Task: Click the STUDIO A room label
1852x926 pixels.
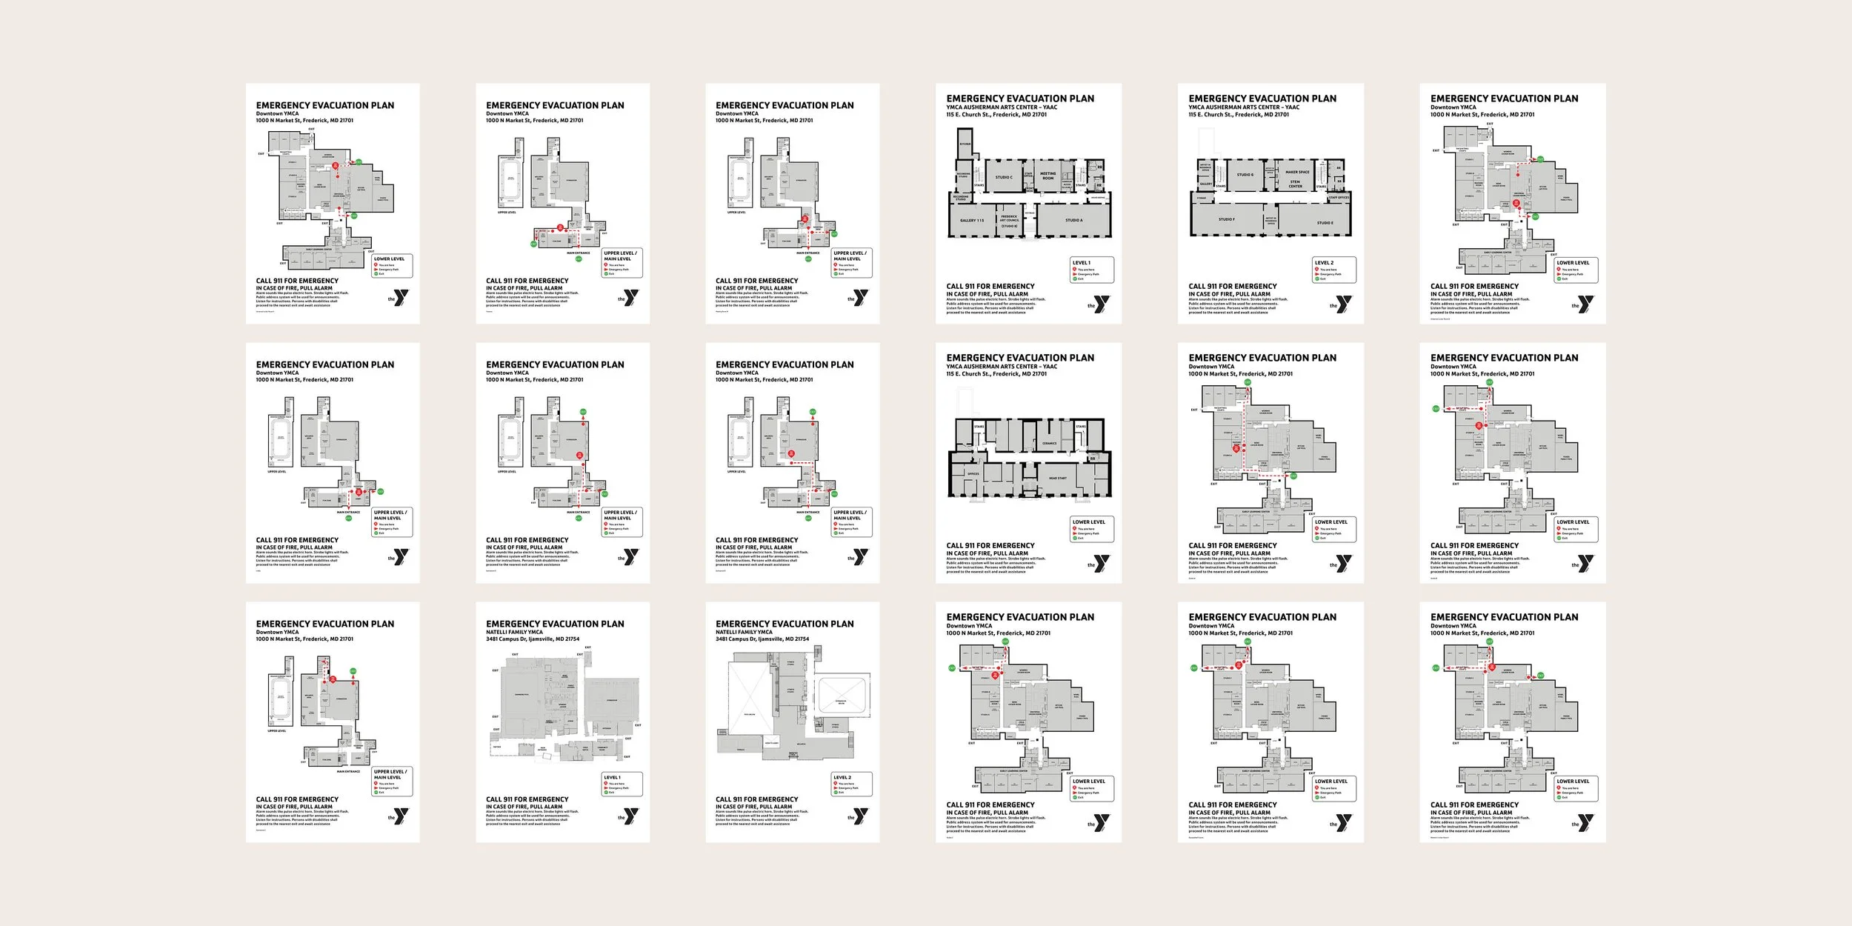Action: (1073, 220)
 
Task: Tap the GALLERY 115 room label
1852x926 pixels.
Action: (972, 220)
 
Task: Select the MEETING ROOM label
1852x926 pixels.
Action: (1047, 176)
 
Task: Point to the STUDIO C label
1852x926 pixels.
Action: (1004, 177)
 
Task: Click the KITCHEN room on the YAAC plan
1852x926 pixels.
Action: (965, 144)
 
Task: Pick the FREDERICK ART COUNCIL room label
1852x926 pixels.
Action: (1009, 220)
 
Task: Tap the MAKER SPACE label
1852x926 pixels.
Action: (1297, 172)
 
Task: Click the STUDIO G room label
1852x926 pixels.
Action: (1245, 175)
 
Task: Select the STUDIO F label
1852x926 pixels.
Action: (1226, 219)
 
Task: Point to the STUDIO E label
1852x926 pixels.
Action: (1325, 222)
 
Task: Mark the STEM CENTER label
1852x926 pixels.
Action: (1295, 184)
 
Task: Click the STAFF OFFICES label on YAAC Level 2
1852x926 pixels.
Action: (1339, 197)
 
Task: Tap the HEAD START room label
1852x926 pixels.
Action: (1057, 478)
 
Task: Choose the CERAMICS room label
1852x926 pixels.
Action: (1049, 443)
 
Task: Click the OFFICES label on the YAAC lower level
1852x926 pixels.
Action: (973, 473)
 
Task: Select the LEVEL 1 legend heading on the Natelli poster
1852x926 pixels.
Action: (611, 777)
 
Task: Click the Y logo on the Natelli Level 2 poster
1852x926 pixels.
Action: (860, 816)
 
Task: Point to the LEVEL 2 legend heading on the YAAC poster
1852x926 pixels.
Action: (1324, 262)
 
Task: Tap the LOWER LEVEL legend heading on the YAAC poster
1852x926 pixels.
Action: (1088, 522)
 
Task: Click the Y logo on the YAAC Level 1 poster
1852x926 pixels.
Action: (1102, 304)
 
